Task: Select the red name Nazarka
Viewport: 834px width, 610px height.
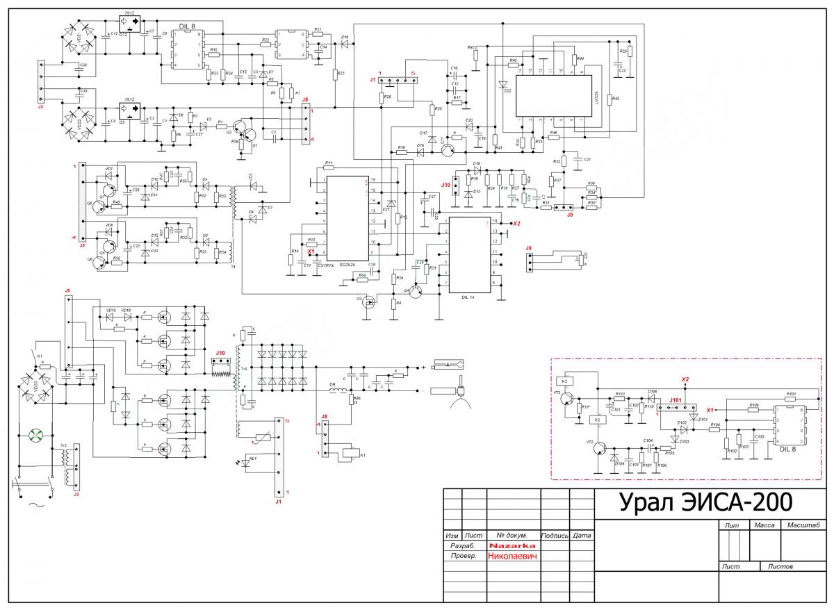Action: click(512, 546)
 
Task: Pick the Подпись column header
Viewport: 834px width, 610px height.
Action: click(555, 536)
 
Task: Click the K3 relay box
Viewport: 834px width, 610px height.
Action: click(564, 381)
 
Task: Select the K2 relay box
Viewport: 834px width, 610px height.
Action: click(596, 420)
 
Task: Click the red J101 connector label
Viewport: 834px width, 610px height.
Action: click(675, 400)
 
